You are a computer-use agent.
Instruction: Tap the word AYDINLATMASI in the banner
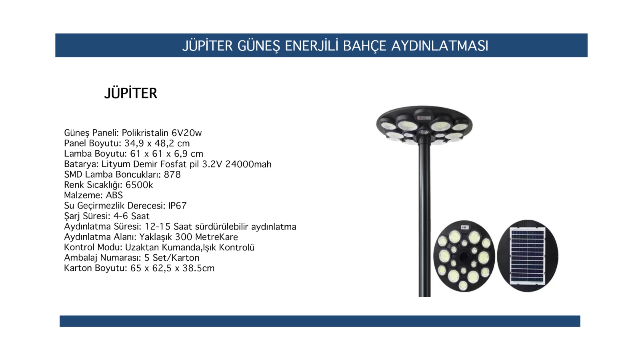(x=440, y=46)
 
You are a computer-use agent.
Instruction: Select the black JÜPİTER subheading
(x=130, y=93)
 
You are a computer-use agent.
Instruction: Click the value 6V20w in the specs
(x=186, y=133)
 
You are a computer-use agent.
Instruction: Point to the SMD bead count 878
(x=172, y=174)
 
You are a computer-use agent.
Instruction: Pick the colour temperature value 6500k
(x=139, y=185)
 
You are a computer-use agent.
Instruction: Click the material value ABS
(x=114, y=195)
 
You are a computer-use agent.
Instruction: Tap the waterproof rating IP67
(x=177, y=206)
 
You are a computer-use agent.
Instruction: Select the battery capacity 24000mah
(x=248, y=164)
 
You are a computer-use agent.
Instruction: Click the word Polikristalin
(x=145, y=133)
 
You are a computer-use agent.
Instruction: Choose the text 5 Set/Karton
(x=172, y=258)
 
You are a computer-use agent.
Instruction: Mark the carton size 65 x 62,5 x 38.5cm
(x=172, y=268)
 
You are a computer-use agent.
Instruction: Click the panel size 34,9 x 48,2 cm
(x=157, y=143)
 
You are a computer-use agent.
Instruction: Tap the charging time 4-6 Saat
(x=132, y=216)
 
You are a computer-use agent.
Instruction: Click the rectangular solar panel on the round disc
(x=528, y=256)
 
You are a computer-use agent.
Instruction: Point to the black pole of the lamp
(x=424, y=220)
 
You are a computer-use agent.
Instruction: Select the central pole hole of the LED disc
(x=464, y=256)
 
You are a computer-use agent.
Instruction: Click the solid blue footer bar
(x=320, y=321)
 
